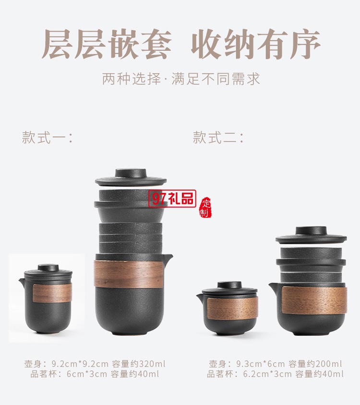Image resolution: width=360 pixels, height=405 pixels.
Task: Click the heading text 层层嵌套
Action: point(106,45)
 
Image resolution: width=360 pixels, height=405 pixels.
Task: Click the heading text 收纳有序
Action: point(256,45)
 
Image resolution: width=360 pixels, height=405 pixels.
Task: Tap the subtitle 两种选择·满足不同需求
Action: point(181,79)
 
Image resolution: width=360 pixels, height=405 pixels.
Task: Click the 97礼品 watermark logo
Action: point(172,199)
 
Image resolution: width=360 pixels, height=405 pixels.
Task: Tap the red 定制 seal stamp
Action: point(205,207)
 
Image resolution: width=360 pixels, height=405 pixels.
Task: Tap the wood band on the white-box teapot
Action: point(52,293)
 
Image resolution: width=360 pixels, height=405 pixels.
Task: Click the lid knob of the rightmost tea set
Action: point(311,231)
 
